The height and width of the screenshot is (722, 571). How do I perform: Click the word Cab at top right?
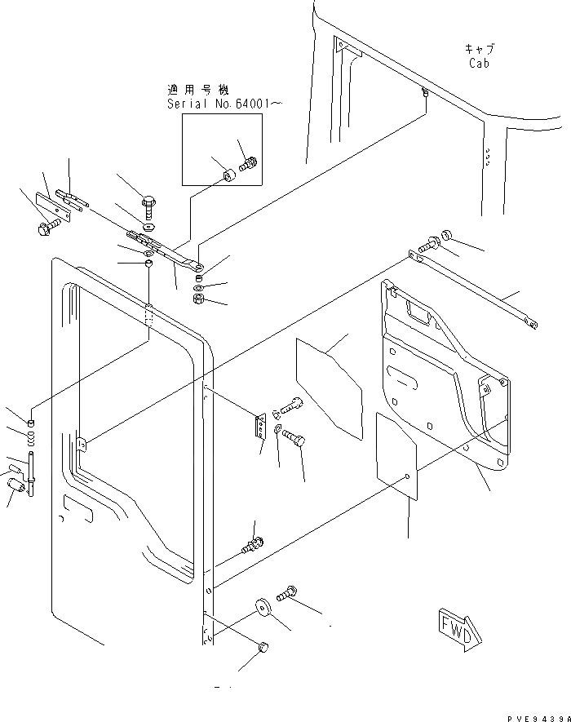[x=479, y=63]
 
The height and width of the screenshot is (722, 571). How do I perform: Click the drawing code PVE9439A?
[x=535, y=715]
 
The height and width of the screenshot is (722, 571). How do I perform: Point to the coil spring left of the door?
[x=31, y=438]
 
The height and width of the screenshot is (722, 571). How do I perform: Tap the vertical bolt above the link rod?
[x=148, y=202]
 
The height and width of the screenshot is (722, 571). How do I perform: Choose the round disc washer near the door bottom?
[x=263, y=608]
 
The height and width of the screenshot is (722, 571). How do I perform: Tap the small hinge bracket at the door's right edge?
[x=259, y=427]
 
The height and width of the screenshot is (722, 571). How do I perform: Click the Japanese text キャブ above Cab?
[x=479, y=49]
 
